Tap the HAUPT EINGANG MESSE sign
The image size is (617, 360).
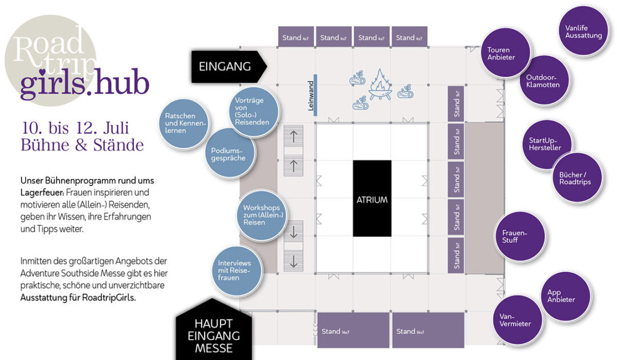(213, 335)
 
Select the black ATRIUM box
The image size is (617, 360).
(372, 199)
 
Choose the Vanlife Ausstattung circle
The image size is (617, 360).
(583, 31)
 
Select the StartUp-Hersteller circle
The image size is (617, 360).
(545, 144)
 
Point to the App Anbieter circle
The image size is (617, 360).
(561, 296)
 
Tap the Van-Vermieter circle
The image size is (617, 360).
(515, 320)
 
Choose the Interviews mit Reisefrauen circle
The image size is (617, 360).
(235, 270)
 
